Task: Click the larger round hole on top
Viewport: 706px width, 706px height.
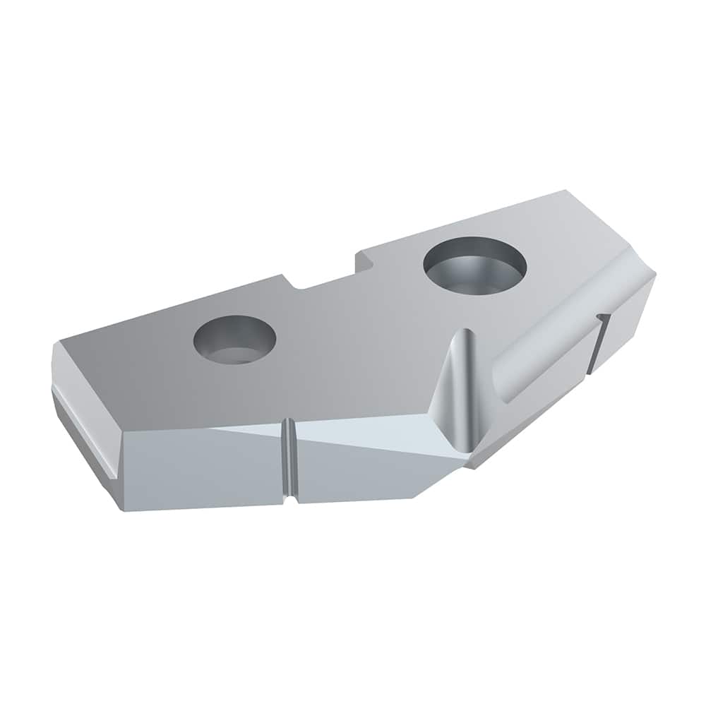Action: (x=475, y=265)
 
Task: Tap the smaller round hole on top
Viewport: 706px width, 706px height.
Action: (x=234, y=339)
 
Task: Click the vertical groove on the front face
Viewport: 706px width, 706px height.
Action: (x=289, y=459)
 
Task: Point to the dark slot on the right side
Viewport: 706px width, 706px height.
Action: (x=598, y=343)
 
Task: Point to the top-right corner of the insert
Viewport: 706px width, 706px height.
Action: (x=565, y=191)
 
